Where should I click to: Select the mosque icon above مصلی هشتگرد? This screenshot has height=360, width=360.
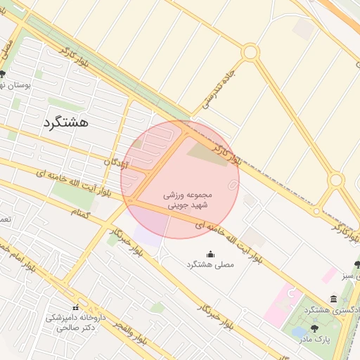[x=210, y=254]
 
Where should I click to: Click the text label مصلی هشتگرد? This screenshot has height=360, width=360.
[x=210, y=264]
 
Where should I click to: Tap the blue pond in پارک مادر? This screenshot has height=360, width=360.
[x=298, y=330]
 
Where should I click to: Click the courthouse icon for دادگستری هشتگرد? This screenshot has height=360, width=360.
[x=333, y=299]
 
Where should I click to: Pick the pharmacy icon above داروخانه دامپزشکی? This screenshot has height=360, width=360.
[x=75, y=307]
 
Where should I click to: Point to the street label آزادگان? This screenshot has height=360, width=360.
[x=117, y=162]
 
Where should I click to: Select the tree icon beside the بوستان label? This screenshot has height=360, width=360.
[x=4, y=74]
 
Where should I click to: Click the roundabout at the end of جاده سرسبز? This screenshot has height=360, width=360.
[x=250, y=52]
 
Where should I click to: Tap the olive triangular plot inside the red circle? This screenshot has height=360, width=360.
[x=205, y=150]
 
